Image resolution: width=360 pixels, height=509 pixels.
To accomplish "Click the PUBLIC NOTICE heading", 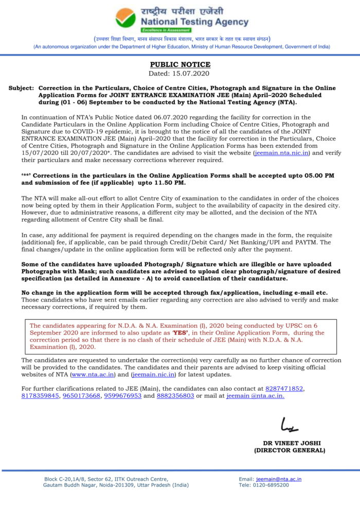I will click(180, 64).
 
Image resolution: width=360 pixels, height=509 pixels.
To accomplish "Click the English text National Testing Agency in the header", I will click(194, 22).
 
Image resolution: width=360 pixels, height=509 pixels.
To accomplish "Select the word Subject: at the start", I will click(21, 89).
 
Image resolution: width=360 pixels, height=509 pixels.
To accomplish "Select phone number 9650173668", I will click(81, 396).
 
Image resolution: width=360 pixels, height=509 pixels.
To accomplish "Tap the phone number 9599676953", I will click(122, 396).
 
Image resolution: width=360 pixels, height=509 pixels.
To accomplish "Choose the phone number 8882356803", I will click(175, 396).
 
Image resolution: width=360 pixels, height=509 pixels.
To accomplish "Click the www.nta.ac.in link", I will click(93, 375).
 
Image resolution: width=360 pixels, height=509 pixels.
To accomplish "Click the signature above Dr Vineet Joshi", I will click(289, 425).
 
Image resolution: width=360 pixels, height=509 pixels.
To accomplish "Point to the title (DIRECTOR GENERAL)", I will click(290, 450).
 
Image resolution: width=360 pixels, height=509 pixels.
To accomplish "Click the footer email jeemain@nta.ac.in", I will click(278, 479).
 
